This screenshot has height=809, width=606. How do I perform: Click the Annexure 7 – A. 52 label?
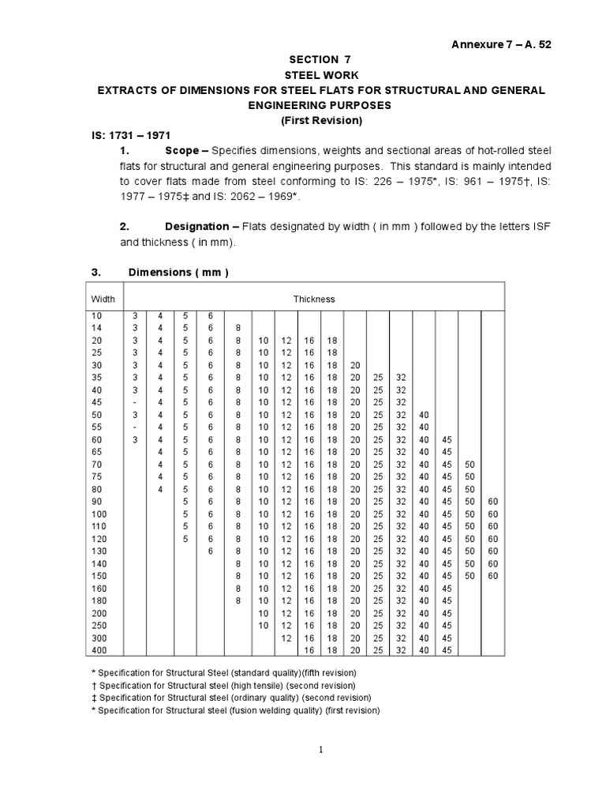click(499, 44)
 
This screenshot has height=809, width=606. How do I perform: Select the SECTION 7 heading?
click(320, 61)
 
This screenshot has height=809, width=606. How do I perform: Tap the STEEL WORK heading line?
click(320, 76)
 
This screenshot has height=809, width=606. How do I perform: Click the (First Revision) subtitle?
click(320, 120)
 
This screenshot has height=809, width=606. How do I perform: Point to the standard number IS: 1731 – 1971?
click(130, 135)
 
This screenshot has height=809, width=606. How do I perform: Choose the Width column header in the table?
click(103, 299)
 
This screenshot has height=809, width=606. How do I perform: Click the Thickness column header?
click(314, 299)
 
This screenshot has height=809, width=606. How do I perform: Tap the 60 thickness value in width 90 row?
click(493, 502)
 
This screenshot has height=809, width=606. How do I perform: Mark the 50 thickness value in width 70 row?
click(469, 465)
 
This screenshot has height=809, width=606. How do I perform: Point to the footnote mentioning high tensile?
click(224, 685)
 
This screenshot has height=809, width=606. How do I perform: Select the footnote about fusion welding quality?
click(235, 710)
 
